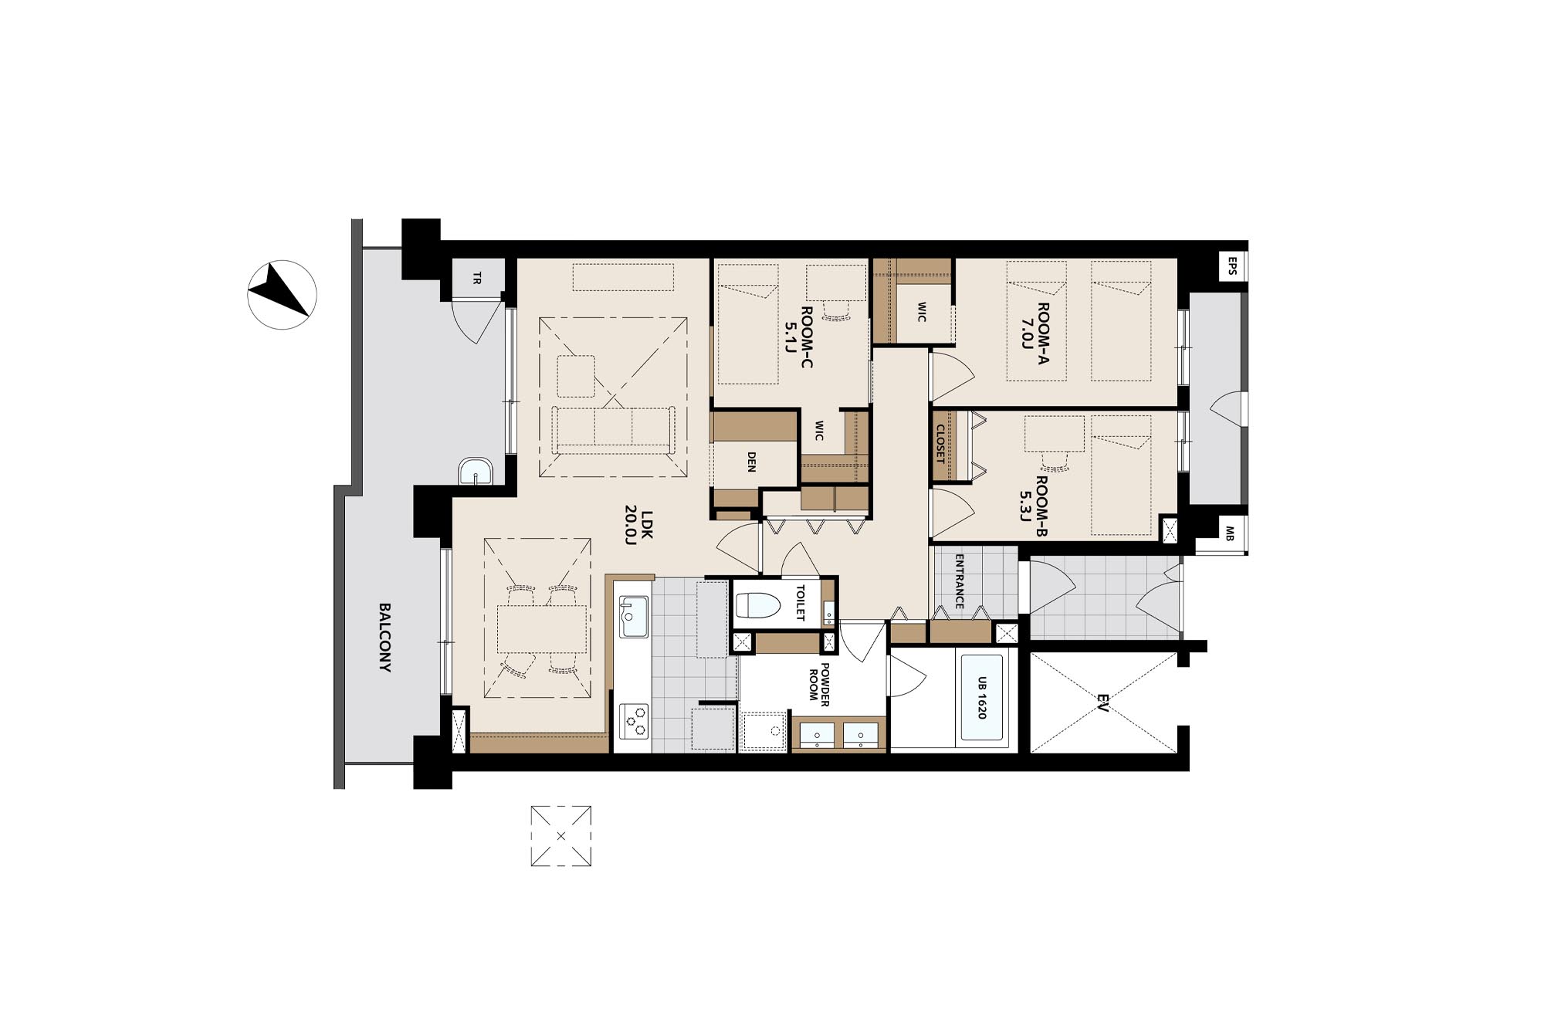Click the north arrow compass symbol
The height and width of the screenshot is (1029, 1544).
(x=283, y=295)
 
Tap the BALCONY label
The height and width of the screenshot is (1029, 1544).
(x=384, y=638)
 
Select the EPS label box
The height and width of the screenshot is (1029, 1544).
(x=1232, y=266)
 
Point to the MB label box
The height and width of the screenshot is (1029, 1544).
(x=1230, y=533)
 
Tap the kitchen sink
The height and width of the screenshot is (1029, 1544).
(x=634, y=616)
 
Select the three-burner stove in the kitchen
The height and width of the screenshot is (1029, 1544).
(x=634, y=722)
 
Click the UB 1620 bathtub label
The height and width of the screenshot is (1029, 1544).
(x=982, y=698)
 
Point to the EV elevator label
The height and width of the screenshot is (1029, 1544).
(x=1103, y=702)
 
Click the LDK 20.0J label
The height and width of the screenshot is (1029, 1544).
(x=639, y=525)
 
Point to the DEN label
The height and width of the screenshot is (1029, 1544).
(x=752, y=462)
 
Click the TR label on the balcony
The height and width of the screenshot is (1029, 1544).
(x=477, y=277)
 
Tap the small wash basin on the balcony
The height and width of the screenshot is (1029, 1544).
(x=476, y=471)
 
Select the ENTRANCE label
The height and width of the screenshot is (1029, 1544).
(x=960, y=581)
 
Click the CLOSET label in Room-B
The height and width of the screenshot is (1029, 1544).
(x=940, y=444)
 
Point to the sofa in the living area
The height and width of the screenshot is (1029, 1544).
(x=614, y=430)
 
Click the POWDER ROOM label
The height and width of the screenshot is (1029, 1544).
(x=818, y=682)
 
